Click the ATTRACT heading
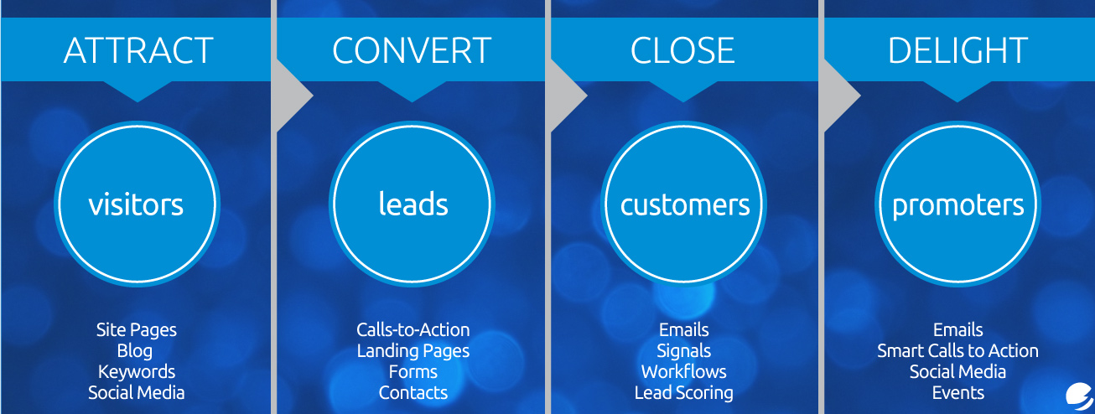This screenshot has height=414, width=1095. coord(138,50)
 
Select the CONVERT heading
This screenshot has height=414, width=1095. coord(412,50)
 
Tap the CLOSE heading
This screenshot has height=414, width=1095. coord(682,50)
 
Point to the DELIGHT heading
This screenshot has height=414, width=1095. coord(957,50)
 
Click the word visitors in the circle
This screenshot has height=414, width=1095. coord(136,204)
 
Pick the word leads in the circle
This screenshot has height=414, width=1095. coord(413,204)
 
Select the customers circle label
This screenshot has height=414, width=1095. coord(685,204)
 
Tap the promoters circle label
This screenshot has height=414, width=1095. coord(958,206)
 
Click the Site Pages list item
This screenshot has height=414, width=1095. coord(137,330)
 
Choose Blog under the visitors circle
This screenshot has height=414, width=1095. coord(135,351)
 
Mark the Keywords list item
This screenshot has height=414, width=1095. coord(137,372)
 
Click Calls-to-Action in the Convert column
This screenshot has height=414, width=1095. coord(413,330)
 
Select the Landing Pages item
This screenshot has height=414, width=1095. coord(413,351)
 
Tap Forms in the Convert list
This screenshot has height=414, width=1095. coord(413,372)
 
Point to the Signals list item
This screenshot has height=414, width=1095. coord(684,351)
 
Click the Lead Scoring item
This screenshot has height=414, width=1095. coord(684,393)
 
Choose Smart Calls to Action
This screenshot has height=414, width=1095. coord(957,351)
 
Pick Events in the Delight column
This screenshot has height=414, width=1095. coord(958,393)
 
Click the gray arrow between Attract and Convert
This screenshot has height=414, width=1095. coord(293,96)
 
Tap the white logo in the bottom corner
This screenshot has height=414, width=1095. coord(1079,397)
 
